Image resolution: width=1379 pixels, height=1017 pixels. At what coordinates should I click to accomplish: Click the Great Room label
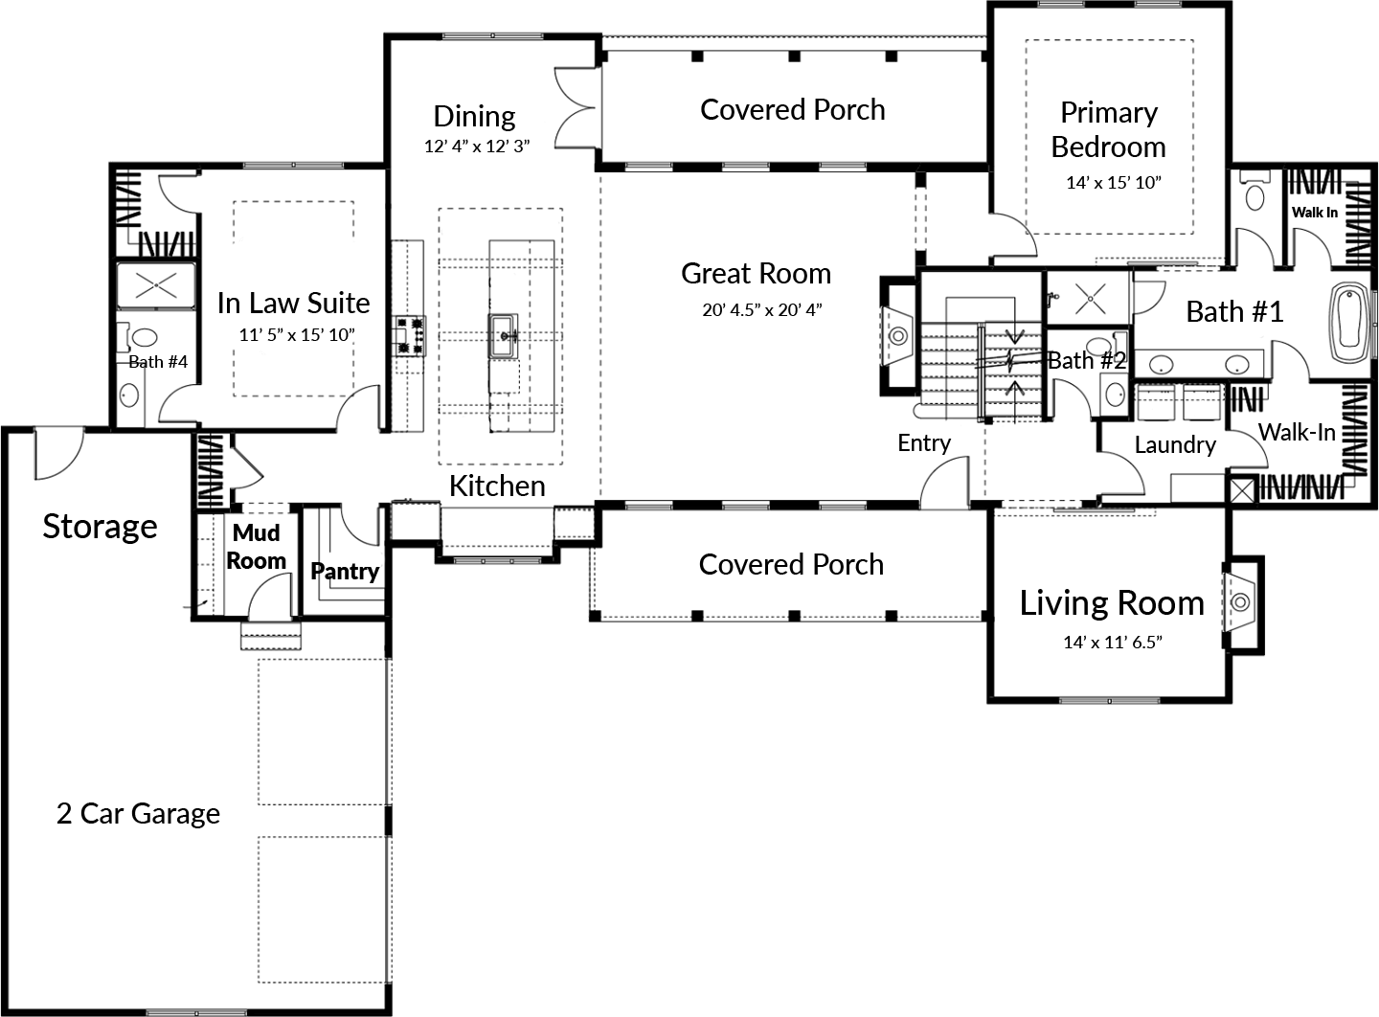point(756,274)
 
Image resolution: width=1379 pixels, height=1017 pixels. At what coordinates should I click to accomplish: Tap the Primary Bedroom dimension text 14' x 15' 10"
point(1113,182)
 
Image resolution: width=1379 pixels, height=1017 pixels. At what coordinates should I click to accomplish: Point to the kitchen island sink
point(504,333)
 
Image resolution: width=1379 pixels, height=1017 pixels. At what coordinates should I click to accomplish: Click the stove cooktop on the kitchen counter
point(409,336)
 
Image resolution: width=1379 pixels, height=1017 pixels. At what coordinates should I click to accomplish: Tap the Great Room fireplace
point(897,334)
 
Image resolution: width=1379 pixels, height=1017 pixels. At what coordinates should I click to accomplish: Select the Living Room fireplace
point(1240,601)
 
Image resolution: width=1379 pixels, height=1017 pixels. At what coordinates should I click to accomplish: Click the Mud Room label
point(257,547)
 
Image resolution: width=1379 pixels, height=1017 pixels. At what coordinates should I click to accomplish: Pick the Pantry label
point(345,572)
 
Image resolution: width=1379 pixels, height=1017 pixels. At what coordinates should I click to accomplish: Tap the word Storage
point(100,527)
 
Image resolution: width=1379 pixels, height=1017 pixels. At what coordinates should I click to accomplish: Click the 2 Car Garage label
point(138,814)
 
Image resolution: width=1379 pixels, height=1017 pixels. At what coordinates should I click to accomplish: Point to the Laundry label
point(1174,444)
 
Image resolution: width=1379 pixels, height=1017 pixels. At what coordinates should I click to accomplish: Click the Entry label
point(923,442)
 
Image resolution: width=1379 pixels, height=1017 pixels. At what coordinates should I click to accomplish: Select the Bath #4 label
point(158,362)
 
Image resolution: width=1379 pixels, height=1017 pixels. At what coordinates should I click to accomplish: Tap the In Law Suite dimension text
point(297,335)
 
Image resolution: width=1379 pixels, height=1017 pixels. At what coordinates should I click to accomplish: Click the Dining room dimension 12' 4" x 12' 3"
point(476,147)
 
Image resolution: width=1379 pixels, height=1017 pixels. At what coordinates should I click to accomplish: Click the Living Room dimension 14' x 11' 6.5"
point(1112,642)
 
